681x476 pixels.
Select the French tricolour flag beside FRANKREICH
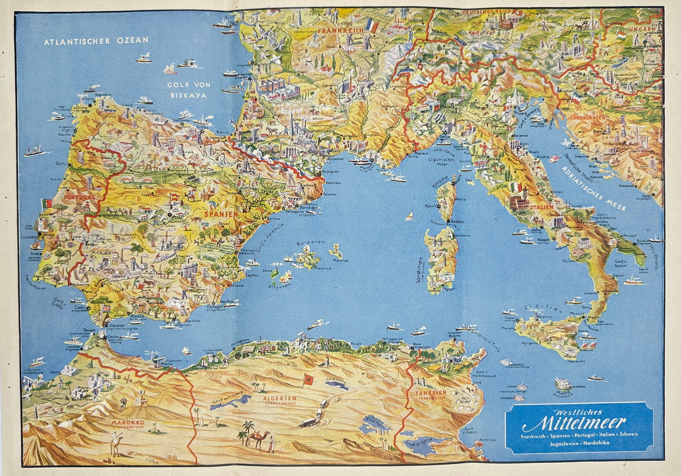point(372,26)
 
